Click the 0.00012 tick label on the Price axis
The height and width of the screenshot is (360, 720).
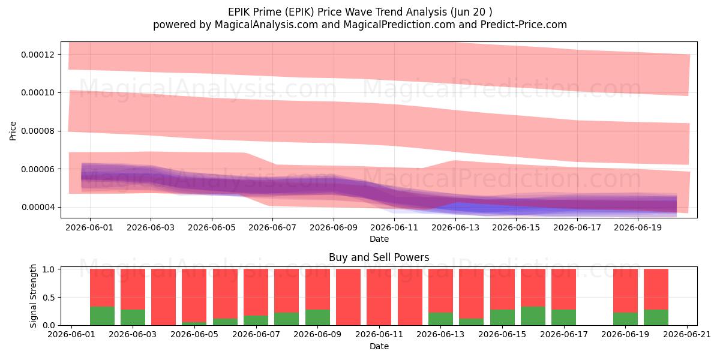pos(38,55)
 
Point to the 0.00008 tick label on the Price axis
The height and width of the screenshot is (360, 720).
pos(38,131)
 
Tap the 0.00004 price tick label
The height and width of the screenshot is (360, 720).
pos(38,208)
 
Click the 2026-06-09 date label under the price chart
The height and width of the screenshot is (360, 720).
pos(334,227)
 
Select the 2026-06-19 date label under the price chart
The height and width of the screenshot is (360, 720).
pos(638,227)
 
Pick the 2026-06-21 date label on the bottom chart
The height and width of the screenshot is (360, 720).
pos(687,335)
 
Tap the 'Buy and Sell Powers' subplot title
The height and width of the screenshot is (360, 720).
pos(379,257)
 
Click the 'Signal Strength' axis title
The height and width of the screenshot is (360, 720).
pos(33,296)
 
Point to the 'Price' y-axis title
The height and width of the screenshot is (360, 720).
pos(13,131)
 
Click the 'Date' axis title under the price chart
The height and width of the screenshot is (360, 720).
pos(379,239)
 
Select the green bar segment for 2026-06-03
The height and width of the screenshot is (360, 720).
pos(133,317)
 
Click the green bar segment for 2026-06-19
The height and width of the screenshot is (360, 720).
pos(625,319)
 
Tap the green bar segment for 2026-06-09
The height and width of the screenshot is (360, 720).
pos(317,317)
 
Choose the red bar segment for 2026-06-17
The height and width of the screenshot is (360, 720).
pos(564,289)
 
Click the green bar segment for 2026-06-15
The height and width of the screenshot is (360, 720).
pos(502,317)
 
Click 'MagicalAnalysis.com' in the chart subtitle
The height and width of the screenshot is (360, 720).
pos(266,25)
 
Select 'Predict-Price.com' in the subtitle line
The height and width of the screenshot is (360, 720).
pos(524,25)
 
